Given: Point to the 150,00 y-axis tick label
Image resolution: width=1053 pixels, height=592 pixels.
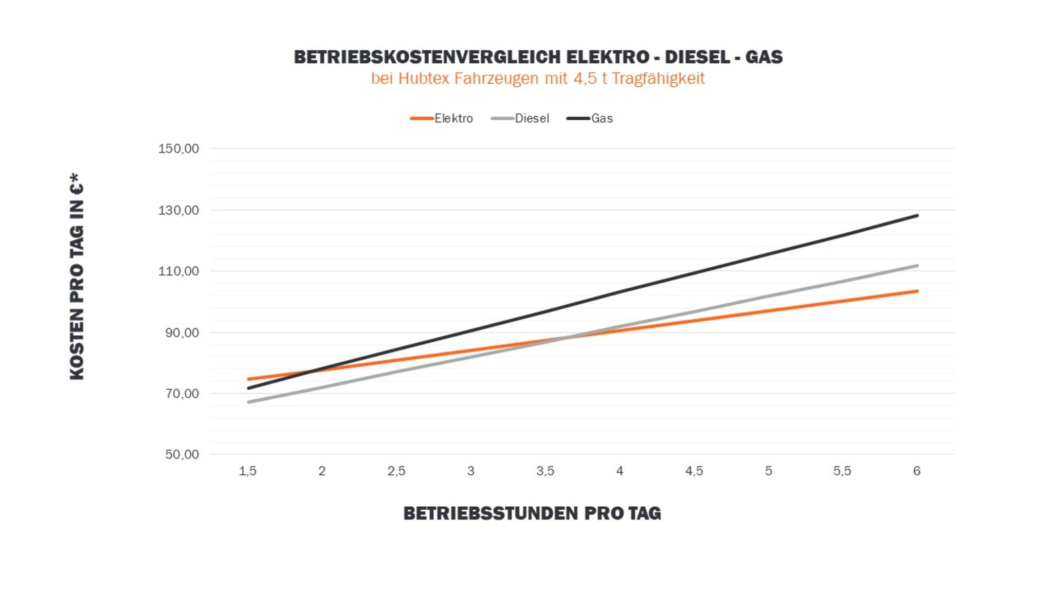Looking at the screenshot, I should click(178, 149).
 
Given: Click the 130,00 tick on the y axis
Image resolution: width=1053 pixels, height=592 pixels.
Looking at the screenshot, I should click(178, 210).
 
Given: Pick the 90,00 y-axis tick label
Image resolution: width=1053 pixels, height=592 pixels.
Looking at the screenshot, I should click(182, 333).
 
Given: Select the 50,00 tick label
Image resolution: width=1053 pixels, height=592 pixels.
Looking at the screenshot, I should click(182, 455).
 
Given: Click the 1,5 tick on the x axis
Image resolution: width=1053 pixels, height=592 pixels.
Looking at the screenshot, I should click(247, 471).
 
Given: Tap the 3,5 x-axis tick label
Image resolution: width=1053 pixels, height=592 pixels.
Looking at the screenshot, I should click(545, 471).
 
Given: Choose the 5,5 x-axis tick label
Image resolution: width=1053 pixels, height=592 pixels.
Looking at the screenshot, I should click(842, 471).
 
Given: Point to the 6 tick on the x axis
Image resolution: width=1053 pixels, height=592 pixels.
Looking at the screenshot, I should click(917, 471).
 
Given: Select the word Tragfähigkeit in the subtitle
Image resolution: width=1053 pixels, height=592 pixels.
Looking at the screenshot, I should click(658, 79).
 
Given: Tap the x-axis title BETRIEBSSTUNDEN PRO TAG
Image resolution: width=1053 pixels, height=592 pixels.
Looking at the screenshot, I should click(532, 513).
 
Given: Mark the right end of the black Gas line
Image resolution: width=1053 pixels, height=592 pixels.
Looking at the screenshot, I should click(917, 216).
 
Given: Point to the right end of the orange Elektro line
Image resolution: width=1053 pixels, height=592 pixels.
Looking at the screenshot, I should click(917, 291).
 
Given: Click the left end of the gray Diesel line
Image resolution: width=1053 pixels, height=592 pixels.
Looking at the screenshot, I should click(248, 402).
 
